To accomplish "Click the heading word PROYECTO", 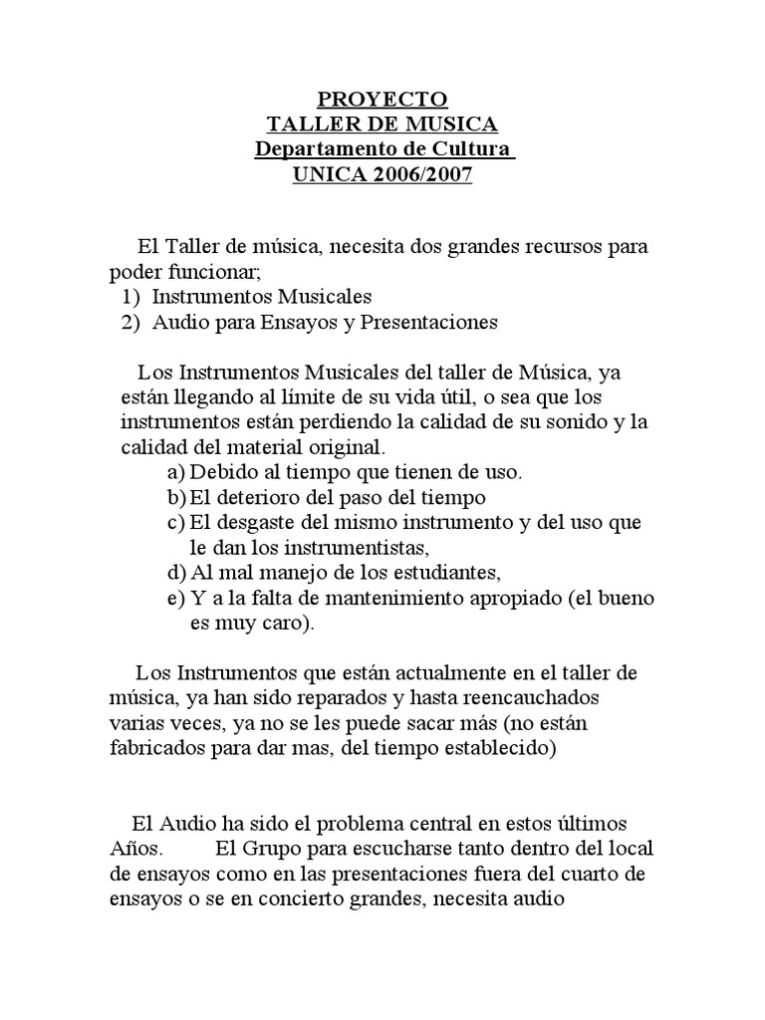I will tap(382, 100).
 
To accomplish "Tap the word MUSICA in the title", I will tap(448, 126).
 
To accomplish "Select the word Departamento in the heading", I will tap(319, 151).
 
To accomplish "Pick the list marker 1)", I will tap(130, 297).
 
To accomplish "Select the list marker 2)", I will tap(130, 323).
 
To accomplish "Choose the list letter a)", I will tap(176, 471).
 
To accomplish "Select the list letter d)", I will tap(176, 573).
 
